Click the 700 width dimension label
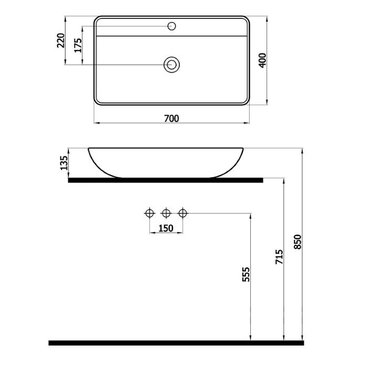tap(171, 118)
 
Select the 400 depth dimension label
tap(263, 60)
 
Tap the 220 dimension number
tap(61, 40)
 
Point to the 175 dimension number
tap(78, 45)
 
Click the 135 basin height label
tap(64, 163)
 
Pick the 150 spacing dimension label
tap(166, 228)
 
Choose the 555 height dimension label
tap(246, 274)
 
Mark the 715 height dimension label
tap(279, 257)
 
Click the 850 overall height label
tap(298, 242)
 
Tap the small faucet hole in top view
tap(172, 26)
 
